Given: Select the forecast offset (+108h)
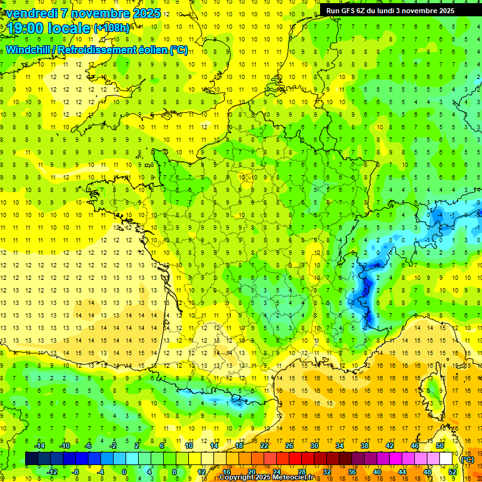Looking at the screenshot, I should tap(112, 28).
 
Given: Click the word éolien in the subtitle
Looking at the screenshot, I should tap(152, 50).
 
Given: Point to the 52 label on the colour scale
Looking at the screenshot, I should tap(453, 472).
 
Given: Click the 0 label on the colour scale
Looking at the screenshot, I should tap(124, 472).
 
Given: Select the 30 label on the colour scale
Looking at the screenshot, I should tap(314, 446).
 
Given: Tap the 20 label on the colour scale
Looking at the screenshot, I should tap(251, 472).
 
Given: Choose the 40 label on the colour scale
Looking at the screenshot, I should tap(377, 472).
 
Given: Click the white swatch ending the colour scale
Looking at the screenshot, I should tap(446, 459).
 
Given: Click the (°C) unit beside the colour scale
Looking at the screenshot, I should tap(467, 459).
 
